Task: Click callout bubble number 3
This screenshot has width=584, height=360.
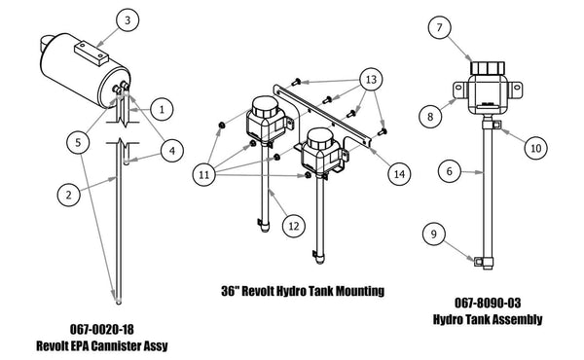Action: pyautogui.click(x=131, y=19)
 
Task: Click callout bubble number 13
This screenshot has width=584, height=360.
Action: pyautogui.click(x=370, y=78)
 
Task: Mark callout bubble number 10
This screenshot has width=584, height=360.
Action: pyautogui.click(x=534, y=149)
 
